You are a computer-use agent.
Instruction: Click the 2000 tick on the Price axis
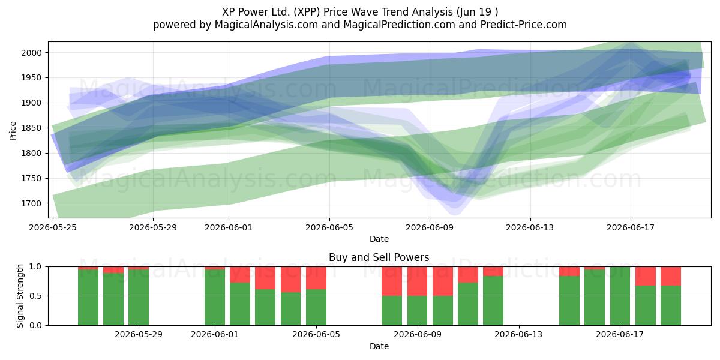coord(31,53)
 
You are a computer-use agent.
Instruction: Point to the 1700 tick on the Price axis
coord(31,203)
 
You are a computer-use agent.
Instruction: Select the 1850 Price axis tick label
coord(31,128)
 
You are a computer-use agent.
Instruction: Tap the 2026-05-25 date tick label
coord(53,227)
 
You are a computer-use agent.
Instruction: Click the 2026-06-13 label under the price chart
coord(530,227)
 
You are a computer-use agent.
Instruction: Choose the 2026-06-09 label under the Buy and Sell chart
coord(418,335)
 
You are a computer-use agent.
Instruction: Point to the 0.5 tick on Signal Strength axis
coord(35,296)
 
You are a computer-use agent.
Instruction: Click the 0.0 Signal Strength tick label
coord(35,325)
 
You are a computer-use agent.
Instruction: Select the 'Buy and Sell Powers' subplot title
coord(379,257)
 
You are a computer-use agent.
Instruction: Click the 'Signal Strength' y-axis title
coord(20,296)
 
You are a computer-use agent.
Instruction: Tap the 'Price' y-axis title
coord(13,131)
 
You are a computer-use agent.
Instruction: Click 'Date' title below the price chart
coord(379,239)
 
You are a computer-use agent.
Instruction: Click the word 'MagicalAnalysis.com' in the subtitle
coord(266,25)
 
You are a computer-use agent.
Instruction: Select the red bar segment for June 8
coord(392,281)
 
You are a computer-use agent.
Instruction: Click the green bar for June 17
coord(620,296)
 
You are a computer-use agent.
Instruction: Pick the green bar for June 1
coord(215,298)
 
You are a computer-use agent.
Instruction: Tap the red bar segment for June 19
coord(671,276)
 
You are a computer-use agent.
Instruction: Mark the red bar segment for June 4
coord(290,280)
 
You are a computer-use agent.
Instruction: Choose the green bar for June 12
coord(493,301)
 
